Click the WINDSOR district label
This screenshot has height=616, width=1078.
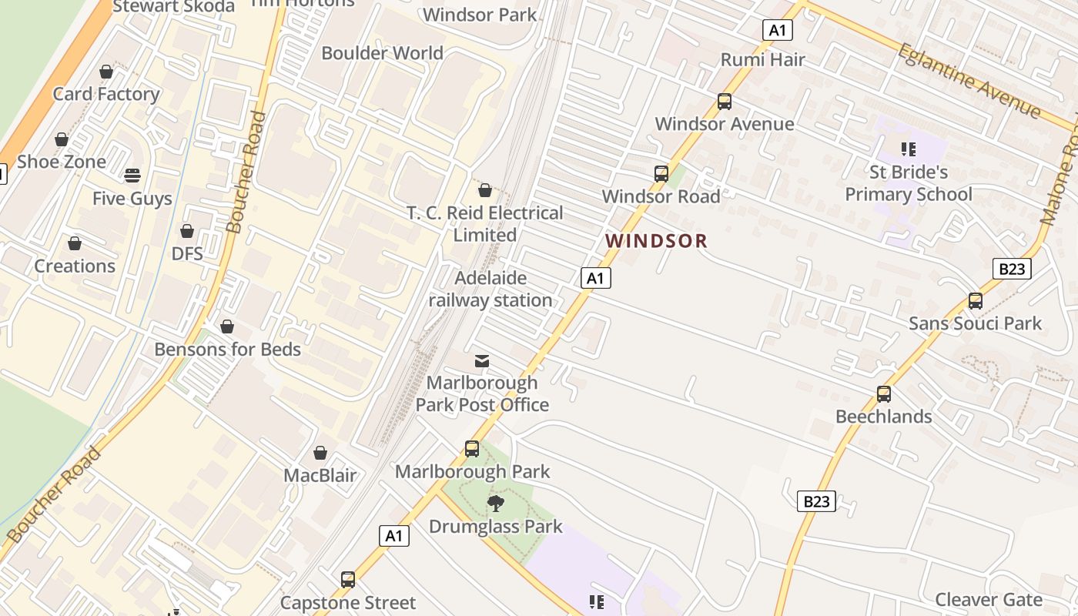(655, 241)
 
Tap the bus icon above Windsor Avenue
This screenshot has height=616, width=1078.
(724, 102)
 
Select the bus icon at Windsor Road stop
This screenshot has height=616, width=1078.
(661, 174)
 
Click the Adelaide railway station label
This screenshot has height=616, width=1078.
(490, 289)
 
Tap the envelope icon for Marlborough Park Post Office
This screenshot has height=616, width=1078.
(482, 360)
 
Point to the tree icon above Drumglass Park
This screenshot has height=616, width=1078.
(496, 504)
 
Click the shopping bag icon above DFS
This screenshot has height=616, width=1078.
(187, 231)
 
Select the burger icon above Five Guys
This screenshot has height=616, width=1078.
(132, 176)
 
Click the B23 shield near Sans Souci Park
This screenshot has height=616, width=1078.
(1011, 269)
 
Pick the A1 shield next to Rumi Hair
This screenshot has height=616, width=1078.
(778, 30)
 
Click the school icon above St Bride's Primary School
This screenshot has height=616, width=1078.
(908, 149)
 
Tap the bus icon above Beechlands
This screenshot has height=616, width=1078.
(884, 394)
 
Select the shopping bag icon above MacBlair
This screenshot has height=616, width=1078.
(320, 453)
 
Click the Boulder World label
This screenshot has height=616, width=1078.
(382, 53)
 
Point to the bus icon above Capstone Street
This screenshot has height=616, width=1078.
(348, 579)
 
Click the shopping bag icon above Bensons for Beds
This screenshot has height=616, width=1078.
(227, 326)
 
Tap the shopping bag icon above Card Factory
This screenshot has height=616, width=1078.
(106, 72)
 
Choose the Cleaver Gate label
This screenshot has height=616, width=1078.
(988, 600)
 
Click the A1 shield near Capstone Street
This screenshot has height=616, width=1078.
(394, 536)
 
